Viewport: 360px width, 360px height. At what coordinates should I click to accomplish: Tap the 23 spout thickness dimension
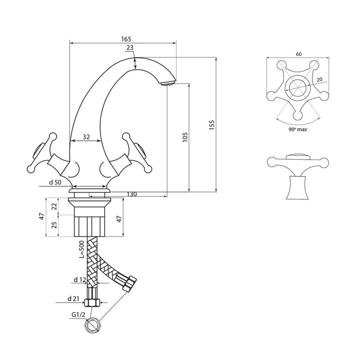tap(130, 47)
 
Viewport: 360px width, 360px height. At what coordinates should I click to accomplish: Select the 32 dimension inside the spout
tap(86, 137)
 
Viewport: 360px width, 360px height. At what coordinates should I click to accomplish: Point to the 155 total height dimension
tap(212, 125)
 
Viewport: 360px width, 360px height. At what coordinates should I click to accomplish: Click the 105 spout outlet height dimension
tap(185, 137)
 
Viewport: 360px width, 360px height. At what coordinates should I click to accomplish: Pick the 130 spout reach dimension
tap(131, 194)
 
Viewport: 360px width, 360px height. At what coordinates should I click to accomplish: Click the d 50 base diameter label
tap(55, 182)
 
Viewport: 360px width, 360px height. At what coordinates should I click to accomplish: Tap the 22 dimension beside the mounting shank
tap(54, 207)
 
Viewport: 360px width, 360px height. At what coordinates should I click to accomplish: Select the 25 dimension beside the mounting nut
tap(54, 225)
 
